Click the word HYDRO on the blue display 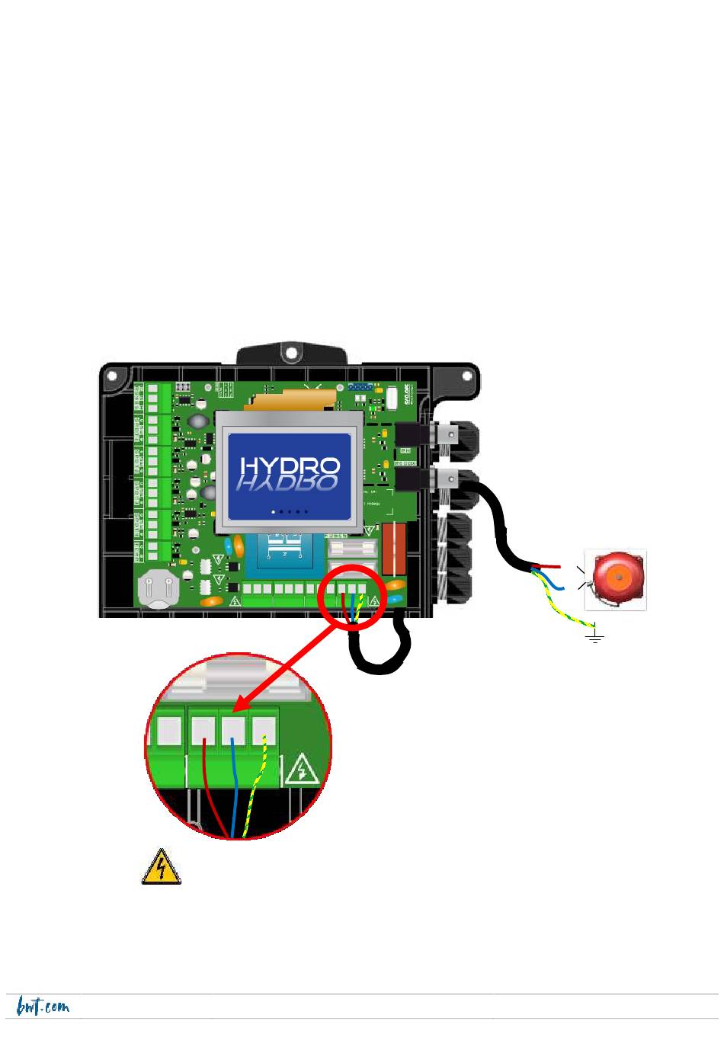290,466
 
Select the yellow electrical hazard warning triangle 161,868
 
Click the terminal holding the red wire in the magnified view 203,731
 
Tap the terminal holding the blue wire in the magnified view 232,731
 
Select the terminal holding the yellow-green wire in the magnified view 263,731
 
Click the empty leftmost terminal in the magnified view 170,731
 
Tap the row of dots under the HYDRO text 290,512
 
